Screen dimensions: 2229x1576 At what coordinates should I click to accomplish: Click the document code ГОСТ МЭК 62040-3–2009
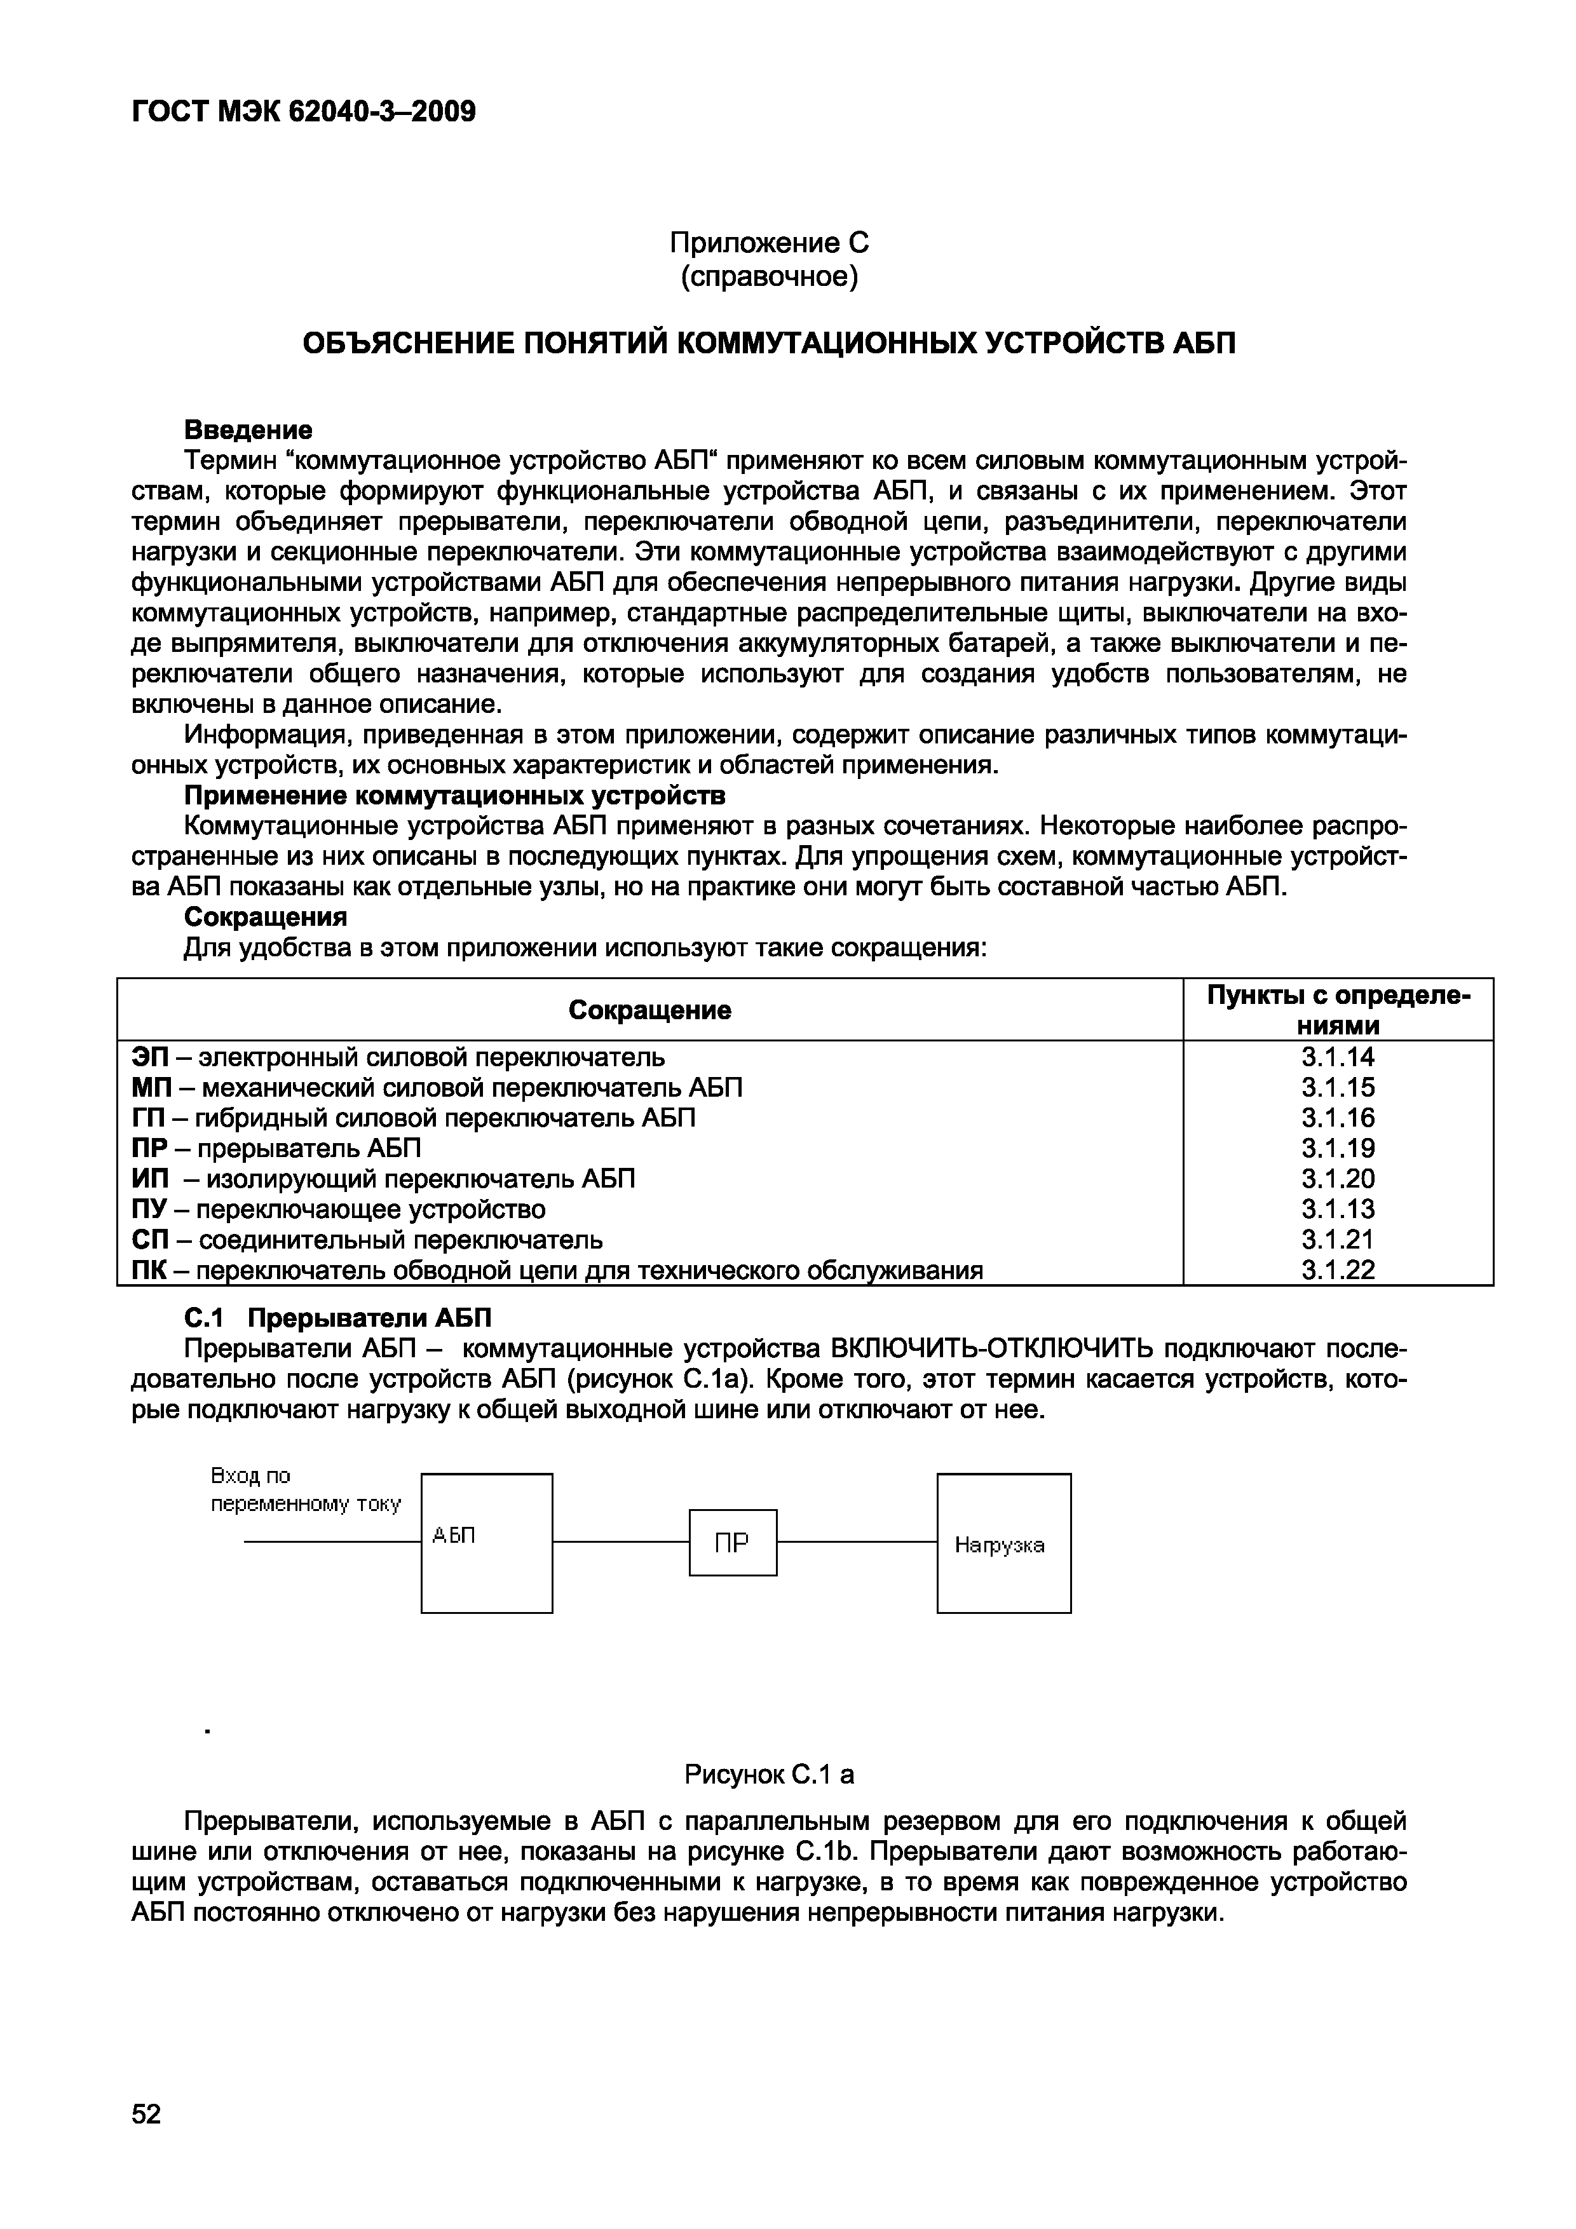coord(303,112)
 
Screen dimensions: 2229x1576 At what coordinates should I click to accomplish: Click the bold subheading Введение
coord(248,429)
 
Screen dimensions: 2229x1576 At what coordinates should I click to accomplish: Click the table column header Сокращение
coord(649,1011)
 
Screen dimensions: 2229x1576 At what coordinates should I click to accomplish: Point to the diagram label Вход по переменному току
coord(305,1490)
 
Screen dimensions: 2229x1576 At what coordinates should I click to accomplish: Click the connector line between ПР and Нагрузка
coord(857,1541)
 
